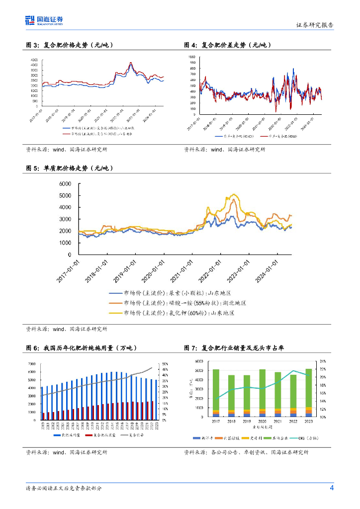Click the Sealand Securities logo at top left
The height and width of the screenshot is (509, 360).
tap(44, 20)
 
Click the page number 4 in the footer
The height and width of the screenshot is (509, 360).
tap(332, 488)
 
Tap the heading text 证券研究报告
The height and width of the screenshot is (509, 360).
tap(315, 25)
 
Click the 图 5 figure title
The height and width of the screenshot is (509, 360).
tap(70, 169)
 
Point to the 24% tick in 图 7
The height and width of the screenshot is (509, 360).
tap(323, 361)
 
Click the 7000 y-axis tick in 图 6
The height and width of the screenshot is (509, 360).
tap(31, 364)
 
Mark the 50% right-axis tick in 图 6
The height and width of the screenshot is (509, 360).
tap(162, 364)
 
